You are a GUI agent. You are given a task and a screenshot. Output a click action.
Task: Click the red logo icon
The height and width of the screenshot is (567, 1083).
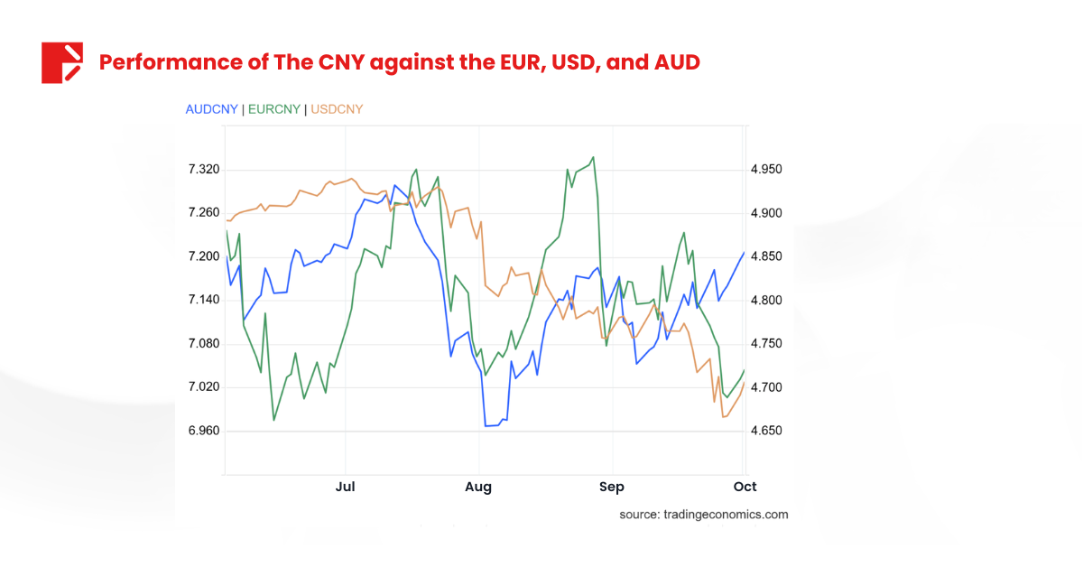click(x=61, y=62)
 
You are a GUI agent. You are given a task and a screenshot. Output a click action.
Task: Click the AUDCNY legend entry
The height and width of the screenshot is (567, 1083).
click(x=211, y=109)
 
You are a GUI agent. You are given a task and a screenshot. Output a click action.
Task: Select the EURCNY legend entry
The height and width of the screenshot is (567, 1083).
click(x=274, y=109)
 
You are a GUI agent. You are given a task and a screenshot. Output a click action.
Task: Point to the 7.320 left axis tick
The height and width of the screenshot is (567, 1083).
click(x=203, y=170)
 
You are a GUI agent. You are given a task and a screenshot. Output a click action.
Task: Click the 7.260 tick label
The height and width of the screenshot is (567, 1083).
click(x=203, y=213)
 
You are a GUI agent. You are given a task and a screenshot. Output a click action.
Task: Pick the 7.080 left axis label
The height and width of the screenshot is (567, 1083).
click(x=203, y=344)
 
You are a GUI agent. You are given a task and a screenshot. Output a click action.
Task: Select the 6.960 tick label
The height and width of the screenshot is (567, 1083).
click(x=203, y=431)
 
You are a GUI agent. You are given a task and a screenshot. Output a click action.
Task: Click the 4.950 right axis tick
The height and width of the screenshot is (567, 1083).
click(x=766, y=170)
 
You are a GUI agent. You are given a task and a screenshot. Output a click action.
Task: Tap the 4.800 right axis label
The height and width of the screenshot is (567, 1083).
click(x=766, y=301)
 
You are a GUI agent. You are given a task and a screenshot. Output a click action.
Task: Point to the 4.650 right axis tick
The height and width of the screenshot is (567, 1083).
click(x=766, y=431)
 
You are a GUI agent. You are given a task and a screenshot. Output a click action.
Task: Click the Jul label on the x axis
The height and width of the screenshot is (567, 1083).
click(x=345, y=487)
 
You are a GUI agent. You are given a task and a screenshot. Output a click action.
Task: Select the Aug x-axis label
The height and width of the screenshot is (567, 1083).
click(x=478, y=487)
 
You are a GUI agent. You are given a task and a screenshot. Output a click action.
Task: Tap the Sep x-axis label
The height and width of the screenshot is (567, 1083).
click(x=612, y=487)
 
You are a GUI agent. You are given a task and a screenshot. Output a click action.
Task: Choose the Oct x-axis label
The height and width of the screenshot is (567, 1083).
click(x=745, y=487)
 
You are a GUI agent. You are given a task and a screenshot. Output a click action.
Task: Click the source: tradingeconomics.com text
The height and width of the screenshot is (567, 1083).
click(x=703, y=515)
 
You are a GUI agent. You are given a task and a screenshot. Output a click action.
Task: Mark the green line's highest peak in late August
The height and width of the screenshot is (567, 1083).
click(x=593, y=157)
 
